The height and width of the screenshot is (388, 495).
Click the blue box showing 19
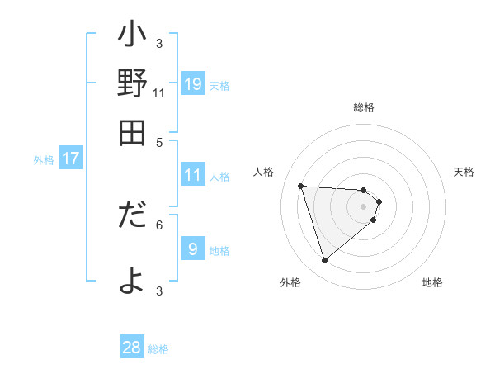[192, 84]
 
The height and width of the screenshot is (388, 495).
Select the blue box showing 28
[132, 348]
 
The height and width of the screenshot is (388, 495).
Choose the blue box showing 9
[192, 249]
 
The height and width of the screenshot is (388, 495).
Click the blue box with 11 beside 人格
[192, 175]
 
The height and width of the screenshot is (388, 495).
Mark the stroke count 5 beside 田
[159, 141]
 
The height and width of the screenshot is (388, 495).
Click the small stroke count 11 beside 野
[159, 93]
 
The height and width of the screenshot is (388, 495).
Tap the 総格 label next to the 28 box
[158, 349]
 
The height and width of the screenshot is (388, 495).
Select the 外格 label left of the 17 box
[44, 160]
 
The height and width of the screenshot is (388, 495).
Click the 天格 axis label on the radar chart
[464, 172]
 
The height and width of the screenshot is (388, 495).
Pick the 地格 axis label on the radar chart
[432, 282]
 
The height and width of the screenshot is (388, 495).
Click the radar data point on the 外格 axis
[324, 261]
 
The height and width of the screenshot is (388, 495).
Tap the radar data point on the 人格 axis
[301, 186]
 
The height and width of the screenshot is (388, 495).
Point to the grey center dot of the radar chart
[363, 206]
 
